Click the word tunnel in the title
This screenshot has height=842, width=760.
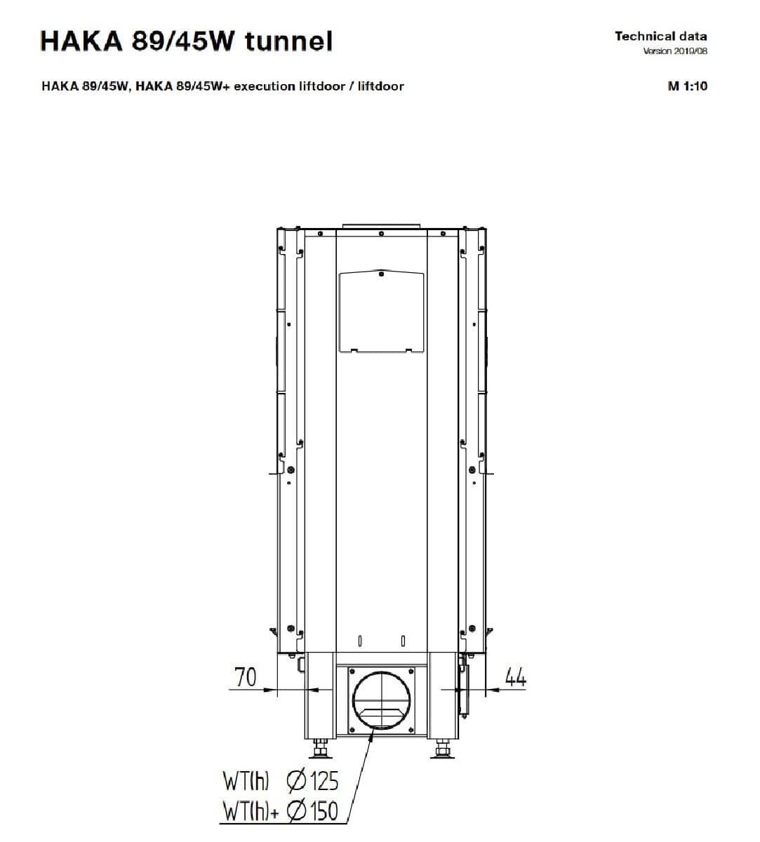click(289, 41)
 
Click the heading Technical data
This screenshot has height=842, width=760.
click(661, 36)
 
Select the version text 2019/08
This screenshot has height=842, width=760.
click(691, 51)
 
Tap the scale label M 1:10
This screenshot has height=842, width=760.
click(687, 86)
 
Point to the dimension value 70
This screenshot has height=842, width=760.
click(245, 676)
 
